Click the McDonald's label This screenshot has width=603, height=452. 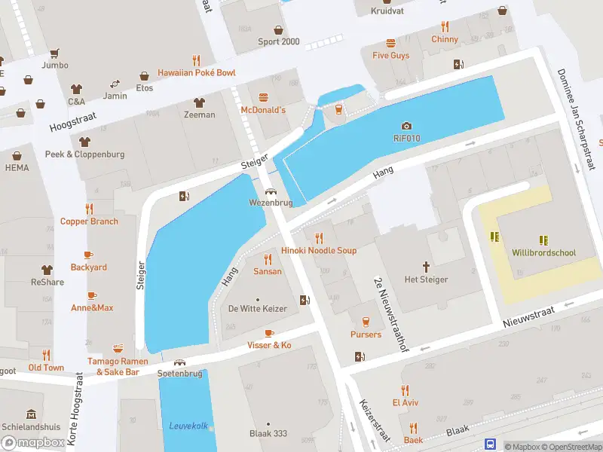263,110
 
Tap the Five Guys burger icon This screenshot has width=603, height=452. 390,43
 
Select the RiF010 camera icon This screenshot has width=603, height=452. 406,126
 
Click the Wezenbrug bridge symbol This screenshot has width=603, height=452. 270,191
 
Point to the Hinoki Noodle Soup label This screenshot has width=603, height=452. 319,250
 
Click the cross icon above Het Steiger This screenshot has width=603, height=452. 426,267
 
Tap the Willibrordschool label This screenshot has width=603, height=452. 543,253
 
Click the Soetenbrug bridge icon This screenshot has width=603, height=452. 179,362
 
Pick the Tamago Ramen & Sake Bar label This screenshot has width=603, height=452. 118,366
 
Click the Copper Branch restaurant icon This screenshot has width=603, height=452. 89,209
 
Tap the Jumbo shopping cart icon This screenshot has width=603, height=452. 54,53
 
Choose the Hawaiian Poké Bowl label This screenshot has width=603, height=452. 196,73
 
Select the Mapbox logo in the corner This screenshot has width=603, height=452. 32,442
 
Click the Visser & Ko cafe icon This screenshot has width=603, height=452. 269,333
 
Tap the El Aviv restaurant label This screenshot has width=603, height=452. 405,402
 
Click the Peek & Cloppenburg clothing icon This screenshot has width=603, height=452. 84,142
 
